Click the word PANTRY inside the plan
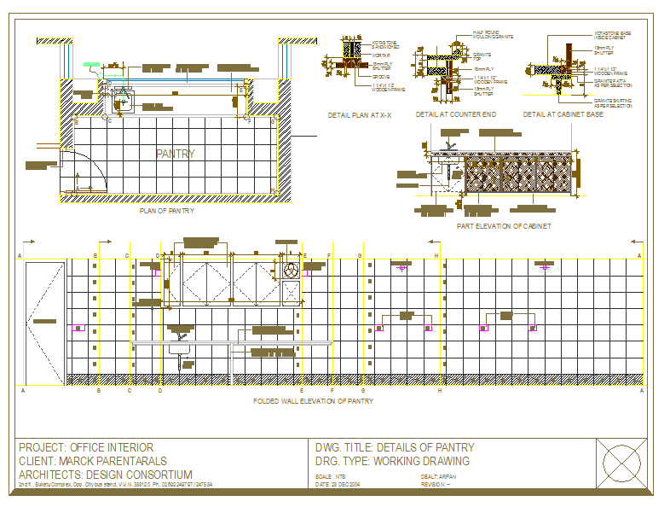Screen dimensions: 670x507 [x=176, y=154]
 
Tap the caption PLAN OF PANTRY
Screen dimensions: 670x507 [x=167, y=210]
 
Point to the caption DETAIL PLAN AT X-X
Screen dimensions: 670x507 [x=360, y=114]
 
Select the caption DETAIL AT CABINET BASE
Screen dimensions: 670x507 [x=563, y=114]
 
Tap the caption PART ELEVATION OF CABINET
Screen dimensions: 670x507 [x=503, y=226]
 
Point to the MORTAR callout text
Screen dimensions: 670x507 [x=380, y=55]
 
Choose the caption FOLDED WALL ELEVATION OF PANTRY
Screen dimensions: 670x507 [x=314, y=400]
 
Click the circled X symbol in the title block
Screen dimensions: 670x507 [x=621, y=465]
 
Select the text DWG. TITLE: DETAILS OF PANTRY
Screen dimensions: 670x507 [x=395, y=447]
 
